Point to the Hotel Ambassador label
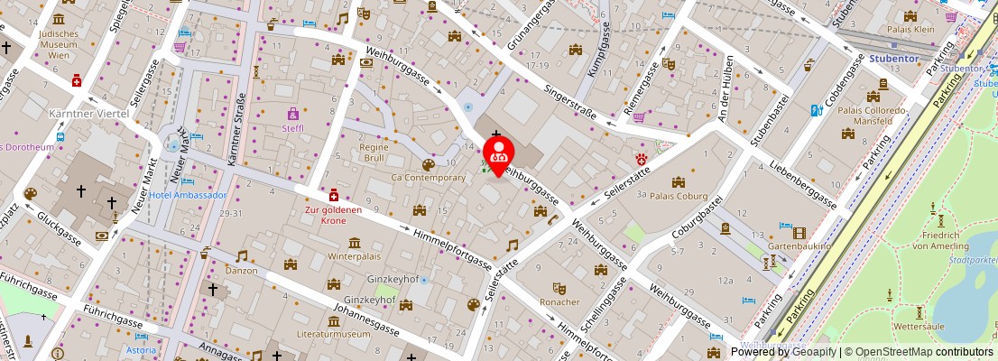pyautogui.click(x=188, y=195)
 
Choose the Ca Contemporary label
pyautogui.click(x=428, y=178)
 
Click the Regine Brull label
pyautogui.click(x=374, y=153)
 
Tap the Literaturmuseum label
pyautogui.click(x=359, y=334)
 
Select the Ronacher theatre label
pyautogui.click(x=559, y=301)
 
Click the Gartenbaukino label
pyautogui.click(x=799, y=245)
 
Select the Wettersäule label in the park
pyautogui.click(x=919, y=324)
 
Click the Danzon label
pyautogui.click(x=241, y=270)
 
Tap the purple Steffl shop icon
pyautogui.click(x=293, y=114)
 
